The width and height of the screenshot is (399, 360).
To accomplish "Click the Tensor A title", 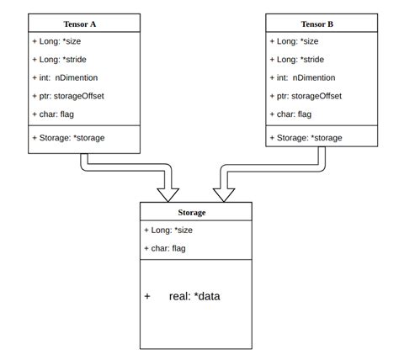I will tap(82, 24).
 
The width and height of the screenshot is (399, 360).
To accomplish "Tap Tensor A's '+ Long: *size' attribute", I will tap(60, 41).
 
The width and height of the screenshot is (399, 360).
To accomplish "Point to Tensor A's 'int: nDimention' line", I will tap(65, 78).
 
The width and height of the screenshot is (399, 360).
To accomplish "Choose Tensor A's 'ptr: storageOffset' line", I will tap(70, 97).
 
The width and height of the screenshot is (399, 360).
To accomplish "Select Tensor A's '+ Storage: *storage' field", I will tap(70, 136).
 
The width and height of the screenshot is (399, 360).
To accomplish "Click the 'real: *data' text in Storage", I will tap(194, 297).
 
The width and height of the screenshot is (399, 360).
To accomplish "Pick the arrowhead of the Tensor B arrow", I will tap(224, 193).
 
